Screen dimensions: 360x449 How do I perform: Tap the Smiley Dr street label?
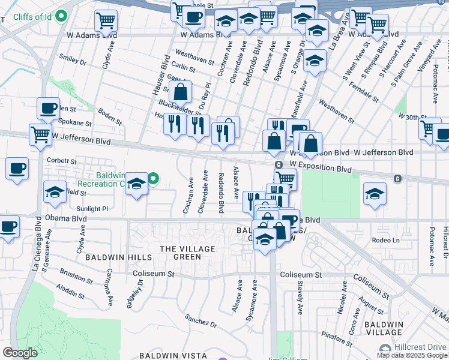pos(73,60)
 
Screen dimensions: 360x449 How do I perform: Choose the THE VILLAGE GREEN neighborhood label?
pos(187,253)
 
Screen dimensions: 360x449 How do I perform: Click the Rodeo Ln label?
pos(385,241)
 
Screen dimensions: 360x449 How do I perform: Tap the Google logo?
pos(20,353)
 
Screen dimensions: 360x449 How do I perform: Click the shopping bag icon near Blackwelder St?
pos(180,92)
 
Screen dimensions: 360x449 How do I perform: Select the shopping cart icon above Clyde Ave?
pos(106,20)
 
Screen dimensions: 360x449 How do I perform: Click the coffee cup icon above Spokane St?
pos(48,108)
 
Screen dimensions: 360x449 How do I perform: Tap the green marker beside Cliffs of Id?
pos(61,17)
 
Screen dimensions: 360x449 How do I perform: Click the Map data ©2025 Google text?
pos(412,355)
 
